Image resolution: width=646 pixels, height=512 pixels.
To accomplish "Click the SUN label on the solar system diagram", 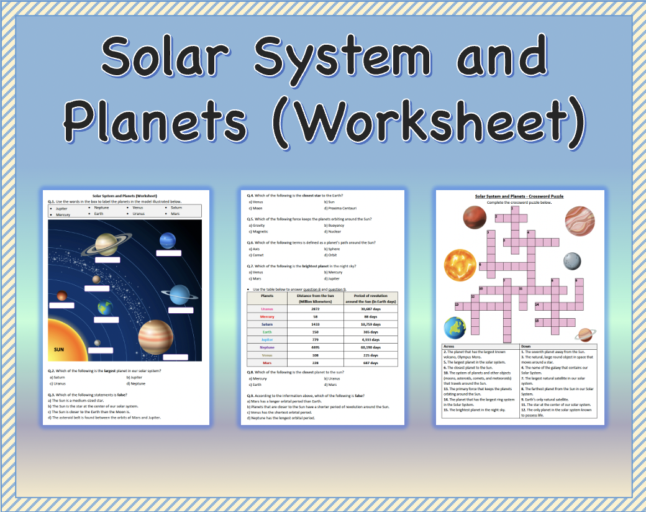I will click(x=59, y=349).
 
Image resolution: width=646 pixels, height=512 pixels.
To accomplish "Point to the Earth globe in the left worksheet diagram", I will click(x=105, y=306).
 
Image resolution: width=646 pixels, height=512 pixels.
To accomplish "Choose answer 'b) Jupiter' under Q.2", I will click(x=135, y=377).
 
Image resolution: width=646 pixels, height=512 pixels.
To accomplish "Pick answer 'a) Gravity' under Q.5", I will click(x=257, y=225).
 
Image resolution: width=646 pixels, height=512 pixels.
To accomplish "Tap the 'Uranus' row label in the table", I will click(x=267, y=308).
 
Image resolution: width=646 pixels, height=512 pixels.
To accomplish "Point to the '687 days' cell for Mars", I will click(x=370, y=362).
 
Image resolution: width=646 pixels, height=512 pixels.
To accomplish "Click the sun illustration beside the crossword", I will click(x=460, y=265).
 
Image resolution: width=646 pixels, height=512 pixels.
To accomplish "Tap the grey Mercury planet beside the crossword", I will click(x=572, y=260).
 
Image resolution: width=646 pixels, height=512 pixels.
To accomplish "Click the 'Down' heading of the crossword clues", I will click(x=525, y=346).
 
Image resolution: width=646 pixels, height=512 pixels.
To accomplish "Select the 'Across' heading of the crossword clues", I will click(x=450, y=346).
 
